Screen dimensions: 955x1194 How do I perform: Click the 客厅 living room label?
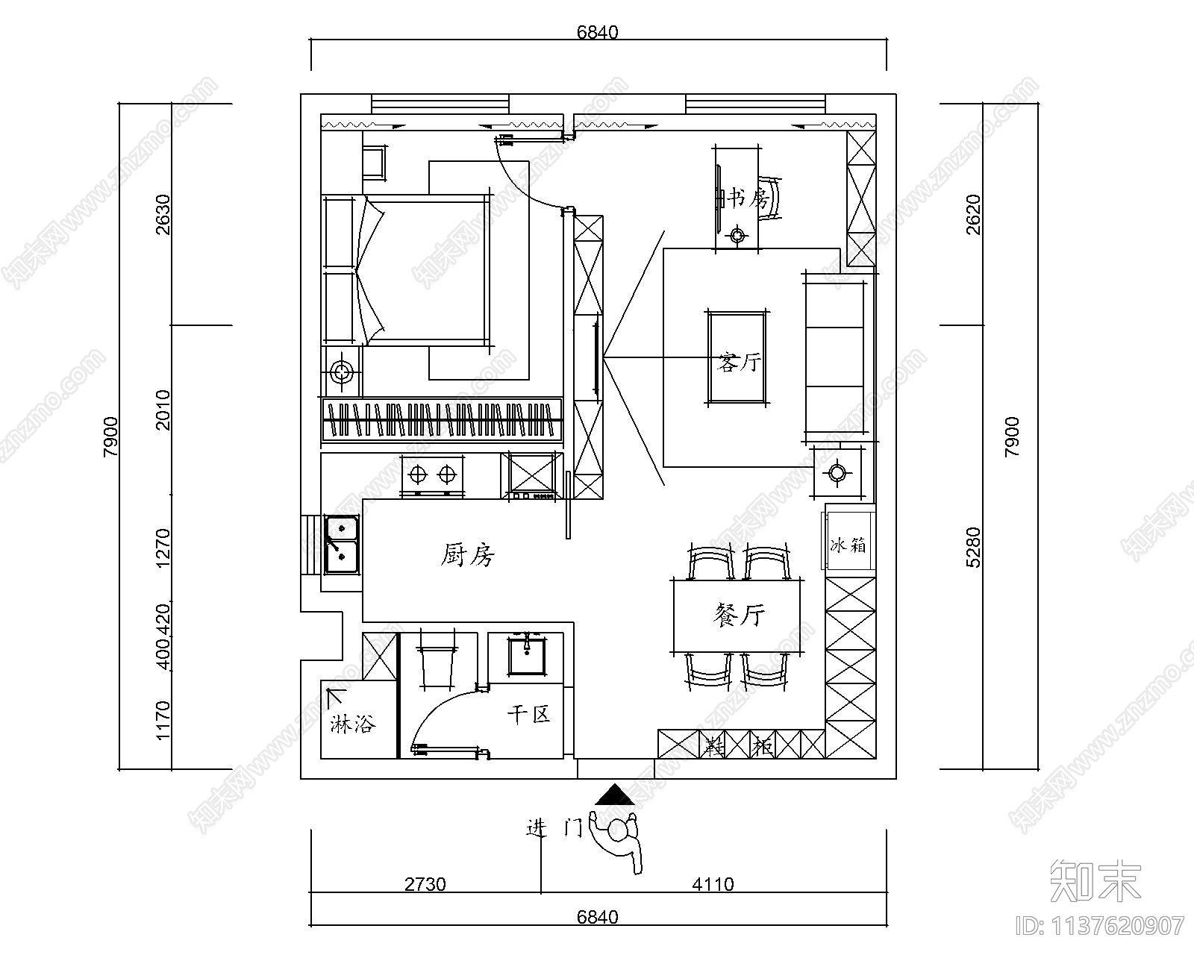(739, 363)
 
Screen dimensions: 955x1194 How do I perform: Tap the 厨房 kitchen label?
(468, 555)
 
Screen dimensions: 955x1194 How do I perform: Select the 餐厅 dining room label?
(739, 616)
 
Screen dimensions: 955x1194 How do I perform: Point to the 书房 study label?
(747, 198)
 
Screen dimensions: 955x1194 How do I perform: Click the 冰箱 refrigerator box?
(849, 537)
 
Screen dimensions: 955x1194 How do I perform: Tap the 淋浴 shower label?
(351, 723)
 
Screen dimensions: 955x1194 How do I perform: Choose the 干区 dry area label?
(528, 714)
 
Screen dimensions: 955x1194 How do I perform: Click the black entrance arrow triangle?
(614, 795)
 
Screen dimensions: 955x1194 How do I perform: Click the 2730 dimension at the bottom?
(425, 884)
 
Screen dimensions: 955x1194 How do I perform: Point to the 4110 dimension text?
(713, 884)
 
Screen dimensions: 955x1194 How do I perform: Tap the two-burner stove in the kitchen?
(432, 476)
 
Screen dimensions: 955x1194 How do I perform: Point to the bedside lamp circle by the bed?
(341, 371)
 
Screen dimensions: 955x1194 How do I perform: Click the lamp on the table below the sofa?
(837, 472)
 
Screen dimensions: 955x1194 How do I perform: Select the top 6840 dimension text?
(598, 32)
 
